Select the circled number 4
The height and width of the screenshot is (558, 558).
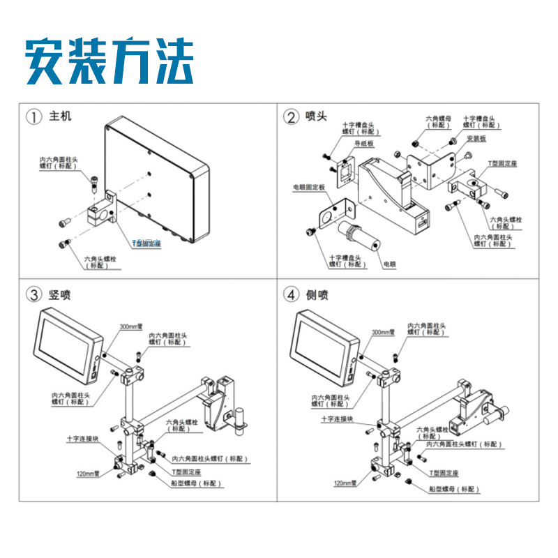pos(291,295)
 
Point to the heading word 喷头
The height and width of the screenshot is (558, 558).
pos(316,116)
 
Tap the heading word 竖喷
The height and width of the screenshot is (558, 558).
pos(60,295)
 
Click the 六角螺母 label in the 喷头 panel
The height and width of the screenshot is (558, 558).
pos(438,122)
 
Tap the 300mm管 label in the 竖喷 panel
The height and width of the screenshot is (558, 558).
pos(130,326)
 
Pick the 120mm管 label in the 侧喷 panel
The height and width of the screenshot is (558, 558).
pos(345,483)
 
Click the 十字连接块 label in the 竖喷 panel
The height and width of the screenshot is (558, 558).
pos(82,439)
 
